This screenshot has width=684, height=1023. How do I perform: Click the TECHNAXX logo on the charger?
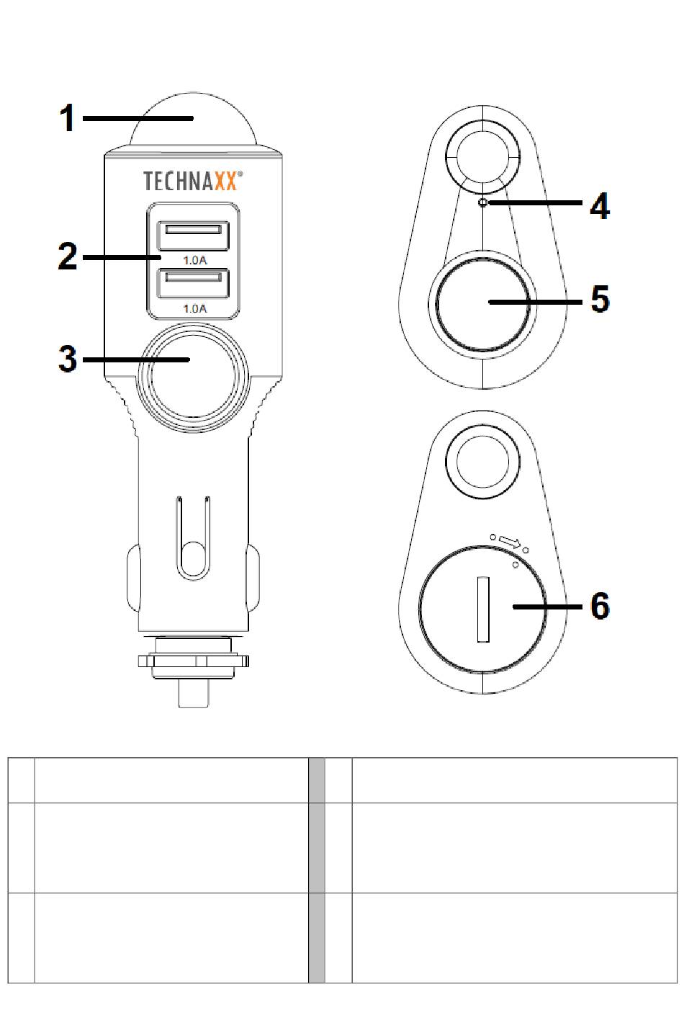point(192,181)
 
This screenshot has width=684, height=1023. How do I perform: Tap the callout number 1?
point(68,118)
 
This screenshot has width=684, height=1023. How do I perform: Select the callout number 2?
point(68,256)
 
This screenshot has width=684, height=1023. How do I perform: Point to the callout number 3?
point(68,359)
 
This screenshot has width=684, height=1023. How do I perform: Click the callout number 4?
point(600,206)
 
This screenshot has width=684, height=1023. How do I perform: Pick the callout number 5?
point(600,299)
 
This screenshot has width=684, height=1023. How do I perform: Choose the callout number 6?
point(600,606)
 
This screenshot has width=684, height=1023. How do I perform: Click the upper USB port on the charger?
point(193,236)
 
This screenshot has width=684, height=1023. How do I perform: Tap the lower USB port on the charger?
point(193,284)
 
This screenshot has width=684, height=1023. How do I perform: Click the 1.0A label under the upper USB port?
point(195,260)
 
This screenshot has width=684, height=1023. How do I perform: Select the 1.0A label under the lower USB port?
point(195,309)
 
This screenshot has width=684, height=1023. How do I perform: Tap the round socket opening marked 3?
point(193,378)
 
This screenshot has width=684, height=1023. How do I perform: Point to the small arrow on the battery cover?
point(510,542)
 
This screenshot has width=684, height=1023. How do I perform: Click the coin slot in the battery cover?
point(483,609)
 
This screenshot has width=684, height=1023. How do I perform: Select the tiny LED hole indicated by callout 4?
point(483,202)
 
